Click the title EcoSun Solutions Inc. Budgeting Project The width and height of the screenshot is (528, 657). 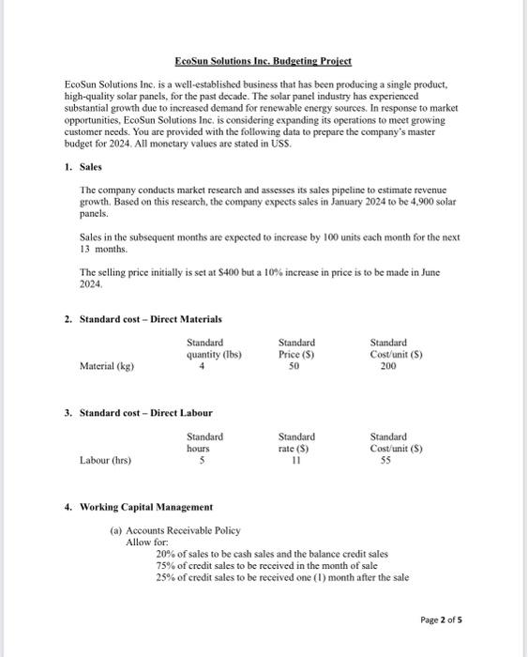[x=263, y=61]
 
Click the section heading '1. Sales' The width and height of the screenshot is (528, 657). [x=88, y=166]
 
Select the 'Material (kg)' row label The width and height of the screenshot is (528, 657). [x=107, y=367]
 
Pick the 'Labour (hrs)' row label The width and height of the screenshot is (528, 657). [x=106, y=461]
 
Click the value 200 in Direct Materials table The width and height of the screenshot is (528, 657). [x=388, y=367]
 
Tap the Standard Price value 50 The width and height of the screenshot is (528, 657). [x=296, y=367]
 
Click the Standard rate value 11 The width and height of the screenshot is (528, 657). [x=296, y=461]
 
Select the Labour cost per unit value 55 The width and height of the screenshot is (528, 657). [x=388, y=461]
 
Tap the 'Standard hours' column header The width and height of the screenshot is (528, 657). [x=204, y=442]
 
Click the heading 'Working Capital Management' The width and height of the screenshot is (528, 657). [x=145, y=507]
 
